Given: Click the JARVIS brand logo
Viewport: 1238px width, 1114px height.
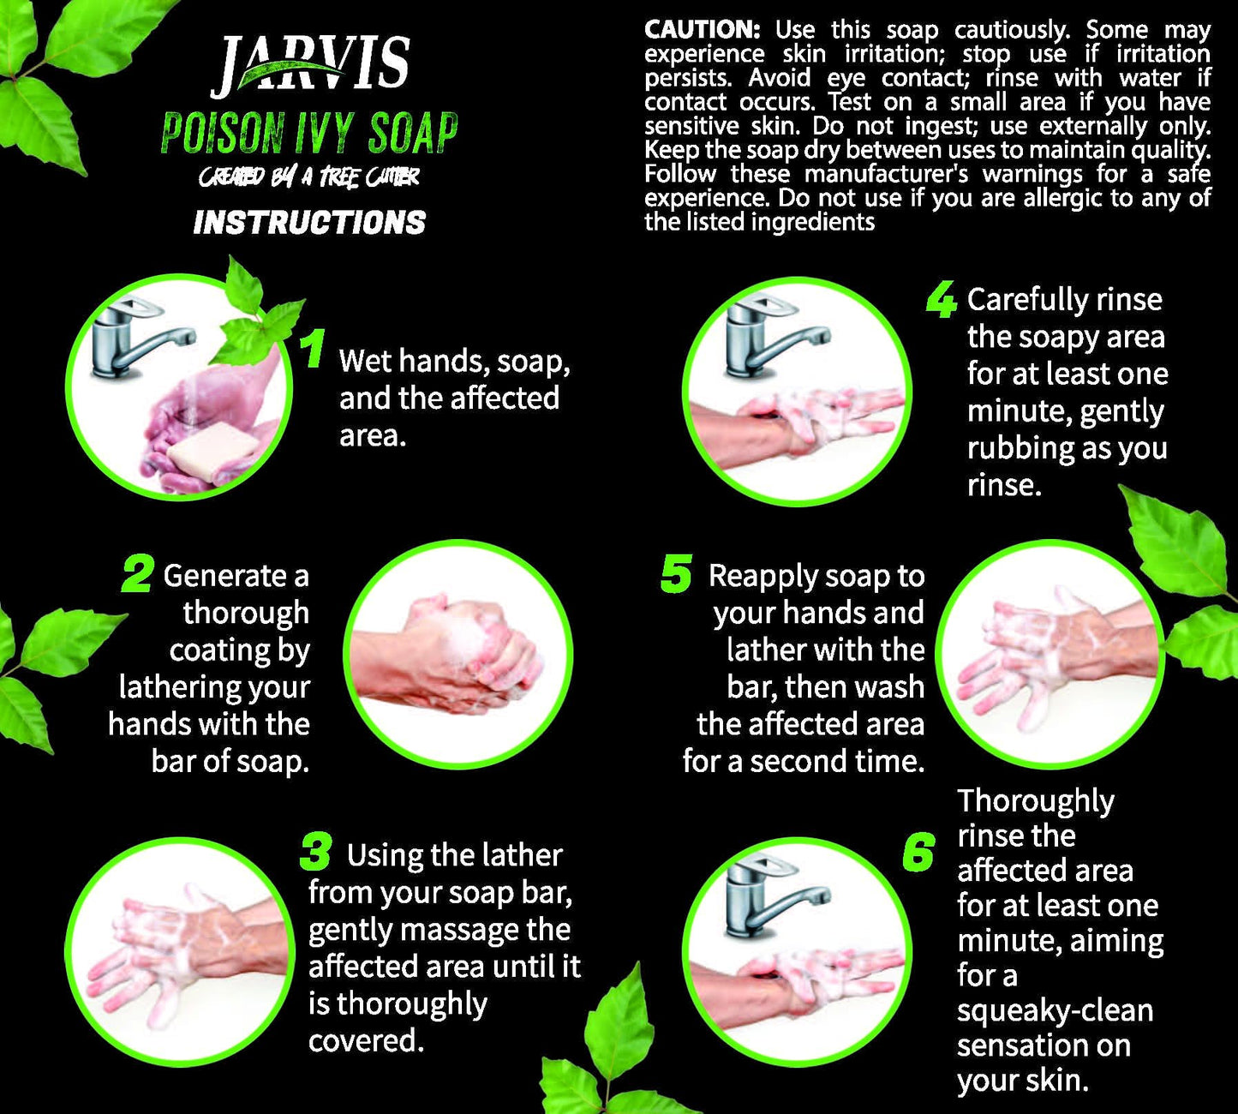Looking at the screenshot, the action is pyautogui.click(x=310, y=65).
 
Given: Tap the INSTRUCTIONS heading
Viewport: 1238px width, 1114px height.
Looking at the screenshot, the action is pyautogui.click(x=310, y=223).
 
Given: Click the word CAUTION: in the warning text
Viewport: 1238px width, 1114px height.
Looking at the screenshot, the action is pyautogui.click(x=703, y=29).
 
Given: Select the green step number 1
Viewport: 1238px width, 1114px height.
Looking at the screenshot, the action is pyautogui.click(x=314, y=348).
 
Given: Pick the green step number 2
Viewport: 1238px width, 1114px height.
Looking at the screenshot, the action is pyautogui.click(x=137, y=573).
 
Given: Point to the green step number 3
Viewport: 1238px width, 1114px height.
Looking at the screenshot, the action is pyautogui.click(x=317, y=852).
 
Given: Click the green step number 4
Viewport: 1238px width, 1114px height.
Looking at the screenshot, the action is pyautogui.click(x=942, y=300).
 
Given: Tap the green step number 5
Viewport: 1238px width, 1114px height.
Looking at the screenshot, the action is pyautogui.click(x=676, y=573).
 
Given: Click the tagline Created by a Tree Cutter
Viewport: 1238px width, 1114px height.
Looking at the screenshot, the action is pyautogui.click(x=308, y=177).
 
